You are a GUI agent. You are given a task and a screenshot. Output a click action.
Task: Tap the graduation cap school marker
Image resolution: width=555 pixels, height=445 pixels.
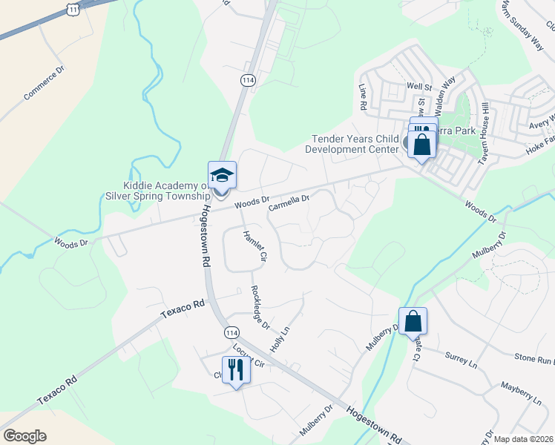coord(222,175)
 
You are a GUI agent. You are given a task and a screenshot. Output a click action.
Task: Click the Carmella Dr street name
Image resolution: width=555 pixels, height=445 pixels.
coord(288,201)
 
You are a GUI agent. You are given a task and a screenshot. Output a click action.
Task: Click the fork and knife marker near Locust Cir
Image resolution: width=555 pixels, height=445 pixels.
coord(236,369)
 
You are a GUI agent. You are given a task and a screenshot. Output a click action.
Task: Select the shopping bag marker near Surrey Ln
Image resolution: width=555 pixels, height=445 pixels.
coord(413,321)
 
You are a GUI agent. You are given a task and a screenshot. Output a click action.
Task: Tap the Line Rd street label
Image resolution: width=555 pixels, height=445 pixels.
coord(363,97)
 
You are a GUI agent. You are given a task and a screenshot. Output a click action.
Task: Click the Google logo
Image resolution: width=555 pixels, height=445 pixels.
coord(24,435)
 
